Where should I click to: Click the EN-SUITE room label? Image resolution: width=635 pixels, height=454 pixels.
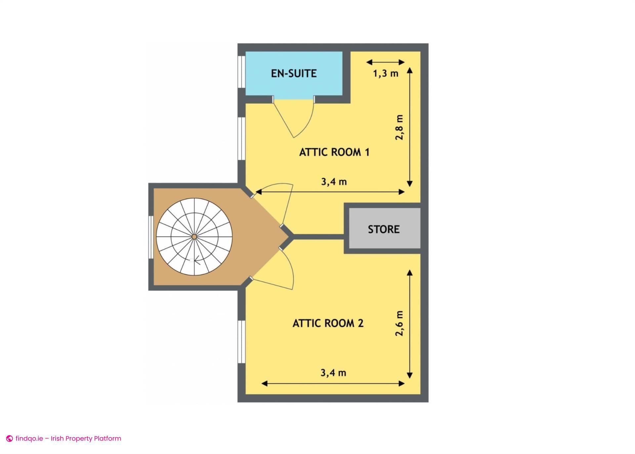[x=294, y=73]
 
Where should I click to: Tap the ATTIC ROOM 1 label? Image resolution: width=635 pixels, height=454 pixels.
[x=334, y=152]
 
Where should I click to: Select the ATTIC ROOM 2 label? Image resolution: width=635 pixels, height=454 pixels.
[x=328, y=323]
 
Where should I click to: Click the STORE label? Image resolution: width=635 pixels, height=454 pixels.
[x=384, y=229]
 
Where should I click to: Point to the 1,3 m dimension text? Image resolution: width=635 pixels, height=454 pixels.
[x=386, y=73]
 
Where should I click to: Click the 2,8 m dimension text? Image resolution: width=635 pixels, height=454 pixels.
[x=400, y=127]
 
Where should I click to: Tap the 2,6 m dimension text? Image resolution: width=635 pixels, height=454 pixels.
[x=400, y=323]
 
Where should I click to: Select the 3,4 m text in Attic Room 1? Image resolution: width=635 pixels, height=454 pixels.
[x=334, y=181]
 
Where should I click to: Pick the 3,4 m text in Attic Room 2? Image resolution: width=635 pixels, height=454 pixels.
[x=333, y=373]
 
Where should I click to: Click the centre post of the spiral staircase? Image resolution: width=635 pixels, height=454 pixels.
[x=194, y=236]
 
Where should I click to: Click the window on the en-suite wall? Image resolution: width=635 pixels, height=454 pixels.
[x=241, y=72]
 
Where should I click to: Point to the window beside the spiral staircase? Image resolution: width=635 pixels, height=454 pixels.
[x=151, y=237]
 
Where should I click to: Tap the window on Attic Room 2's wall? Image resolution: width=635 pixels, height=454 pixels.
[x=241, y=342]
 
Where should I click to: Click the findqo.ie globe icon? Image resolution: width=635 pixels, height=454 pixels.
[x=10, y=439]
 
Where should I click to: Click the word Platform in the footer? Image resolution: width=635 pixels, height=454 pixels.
[x=108, y=438]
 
